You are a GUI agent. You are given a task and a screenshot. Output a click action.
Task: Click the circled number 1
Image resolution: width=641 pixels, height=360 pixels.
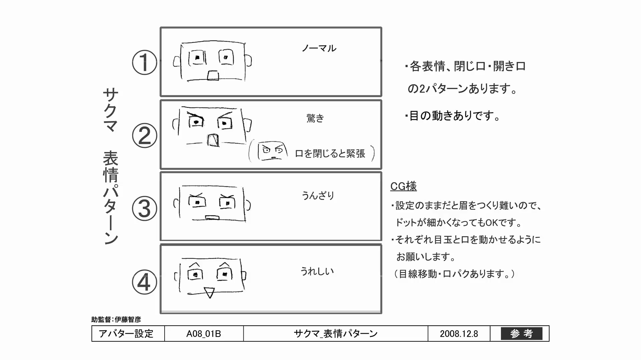(144, 62)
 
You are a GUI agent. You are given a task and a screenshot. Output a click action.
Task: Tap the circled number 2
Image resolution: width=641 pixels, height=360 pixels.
(144, 136)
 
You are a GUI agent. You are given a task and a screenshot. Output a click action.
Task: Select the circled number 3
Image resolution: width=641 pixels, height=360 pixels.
(144, 209)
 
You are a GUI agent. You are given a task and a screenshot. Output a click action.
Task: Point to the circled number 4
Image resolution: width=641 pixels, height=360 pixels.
(144, 282)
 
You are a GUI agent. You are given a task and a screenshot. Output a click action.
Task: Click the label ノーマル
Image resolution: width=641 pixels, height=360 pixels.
(319, 49)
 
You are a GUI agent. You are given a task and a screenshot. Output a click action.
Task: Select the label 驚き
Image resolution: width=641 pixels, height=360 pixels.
(315, 118)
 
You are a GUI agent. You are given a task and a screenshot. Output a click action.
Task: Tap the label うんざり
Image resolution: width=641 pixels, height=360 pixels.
(318, 195)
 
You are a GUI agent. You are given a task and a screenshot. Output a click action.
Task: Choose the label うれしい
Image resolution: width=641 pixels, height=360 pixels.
(317, 271)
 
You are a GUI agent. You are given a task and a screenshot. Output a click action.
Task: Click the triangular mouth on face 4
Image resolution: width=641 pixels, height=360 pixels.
(209, 292)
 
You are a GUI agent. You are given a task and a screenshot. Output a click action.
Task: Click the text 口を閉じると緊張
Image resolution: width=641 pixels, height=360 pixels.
(330, 154)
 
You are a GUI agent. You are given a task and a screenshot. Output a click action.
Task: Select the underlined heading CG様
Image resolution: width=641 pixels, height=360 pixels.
(403, 186)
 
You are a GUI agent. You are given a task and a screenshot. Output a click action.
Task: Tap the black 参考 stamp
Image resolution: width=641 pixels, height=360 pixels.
(521, 334)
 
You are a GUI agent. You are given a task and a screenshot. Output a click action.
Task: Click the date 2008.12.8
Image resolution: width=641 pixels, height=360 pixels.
(459, 334)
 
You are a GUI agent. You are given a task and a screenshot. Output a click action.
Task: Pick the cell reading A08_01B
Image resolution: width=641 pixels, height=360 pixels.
(204, 334)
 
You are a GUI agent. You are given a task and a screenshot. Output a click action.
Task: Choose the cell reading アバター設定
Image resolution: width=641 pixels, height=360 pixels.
(126, 334)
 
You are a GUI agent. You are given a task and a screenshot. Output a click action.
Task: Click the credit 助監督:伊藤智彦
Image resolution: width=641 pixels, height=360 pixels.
(116, 319)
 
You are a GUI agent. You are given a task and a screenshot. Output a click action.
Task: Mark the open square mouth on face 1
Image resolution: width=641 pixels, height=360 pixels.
(213, 76)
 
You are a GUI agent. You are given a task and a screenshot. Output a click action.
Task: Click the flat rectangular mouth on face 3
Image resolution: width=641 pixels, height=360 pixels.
(212, 218)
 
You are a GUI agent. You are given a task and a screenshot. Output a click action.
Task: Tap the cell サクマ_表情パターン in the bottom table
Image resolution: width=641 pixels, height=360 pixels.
(336, 334)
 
